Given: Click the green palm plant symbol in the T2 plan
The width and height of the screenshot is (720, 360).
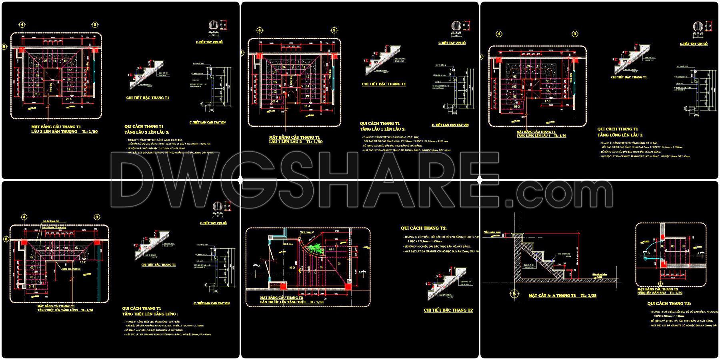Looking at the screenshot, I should coord(316,248).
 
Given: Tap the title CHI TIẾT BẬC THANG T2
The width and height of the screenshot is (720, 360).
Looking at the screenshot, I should coord(448,310).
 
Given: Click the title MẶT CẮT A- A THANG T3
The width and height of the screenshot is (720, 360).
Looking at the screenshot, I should coord(552,295).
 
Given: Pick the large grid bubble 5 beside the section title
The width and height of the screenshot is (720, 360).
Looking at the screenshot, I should coord(514,294).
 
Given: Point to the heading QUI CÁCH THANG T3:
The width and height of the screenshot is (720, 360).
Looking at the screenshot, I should coord(669,304).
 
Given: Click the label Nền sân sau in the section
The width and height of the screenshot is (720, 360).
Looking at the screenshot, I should coord(492,232).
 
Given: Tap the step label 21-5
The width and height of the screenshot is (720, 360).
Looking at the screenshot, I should coord(68,98).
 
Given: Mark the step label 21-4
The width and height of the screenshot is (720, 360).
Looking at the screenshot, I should coord(307,106).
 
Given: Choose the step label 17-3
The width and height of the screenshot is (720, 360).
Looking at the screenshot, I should coord(547,101).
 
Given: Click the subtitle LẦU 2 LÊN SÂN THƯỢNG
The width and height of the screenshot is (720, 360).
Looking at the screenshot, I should coord(54,131).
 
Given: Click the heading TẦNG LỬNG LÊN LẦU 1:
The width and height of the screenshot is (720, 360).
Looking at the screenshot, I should coord(620,135).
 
